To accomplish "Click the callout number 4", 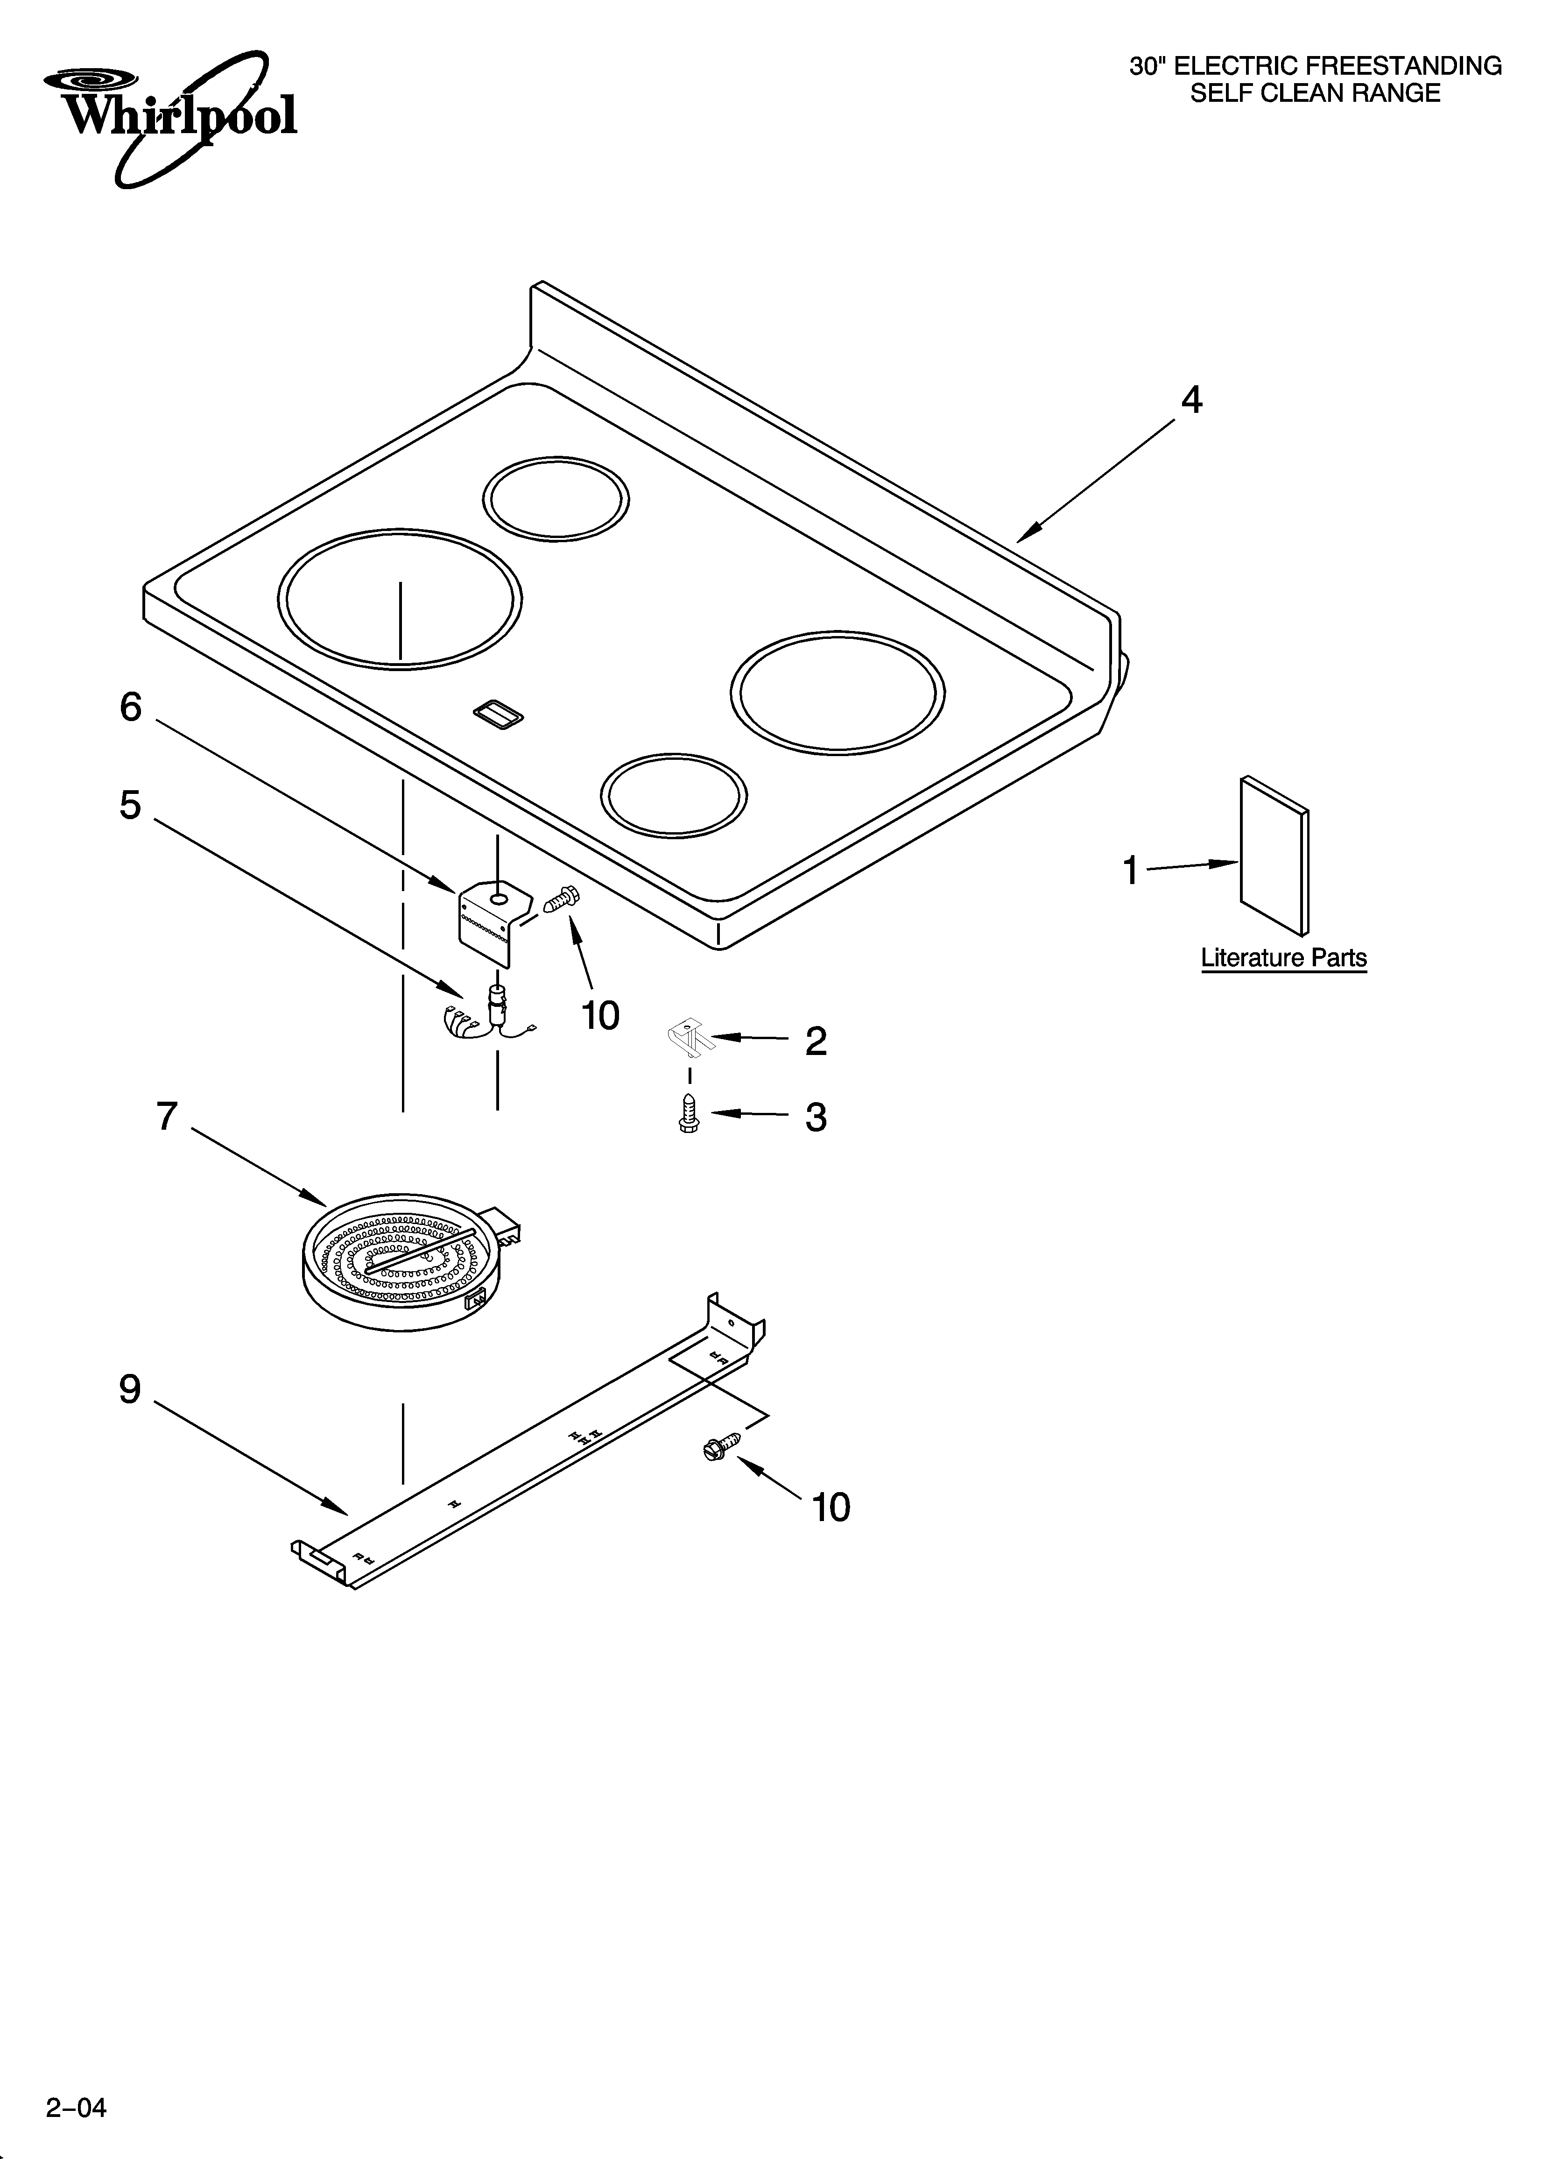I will tap(1191, 401).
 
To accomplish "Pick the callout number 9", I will tap(130, 1390).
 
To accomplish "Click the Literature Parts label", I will tap(1283, 958).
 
